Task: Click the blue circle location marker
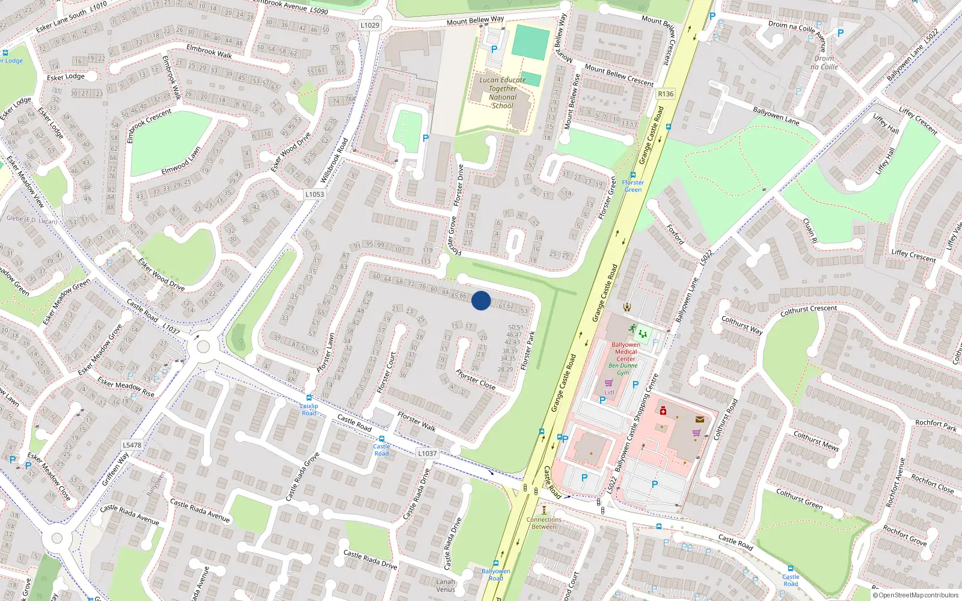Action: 481,300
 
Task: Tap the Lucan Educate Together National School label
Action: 503,93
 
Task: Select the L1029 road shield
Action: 370,25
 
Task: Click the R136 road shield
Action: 666,94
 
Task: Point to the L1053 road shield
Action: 314,194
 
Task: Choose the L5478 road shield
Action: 132,445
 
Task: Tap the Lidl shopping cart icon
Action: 609,383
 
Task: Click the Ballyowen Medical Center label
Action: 625,352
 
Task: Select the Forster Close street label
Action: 476,379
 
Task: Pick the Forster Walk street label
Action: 417,421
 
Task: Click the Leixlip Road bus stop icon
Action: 309,398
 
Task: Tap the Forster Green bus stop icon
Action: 633,175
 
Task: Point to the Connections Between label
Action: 544,523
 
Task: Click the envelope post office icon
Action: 700,419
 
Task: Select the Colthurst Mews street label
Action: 816,441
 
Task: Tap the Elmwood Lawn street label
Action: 181,161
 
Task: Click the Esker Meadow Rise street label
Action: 126,388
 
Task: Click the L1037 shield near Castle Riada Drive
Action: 427,454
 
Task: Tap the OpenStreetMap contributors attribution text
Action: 916,596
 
